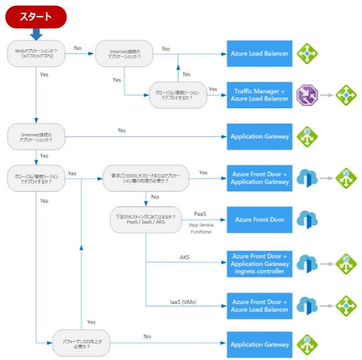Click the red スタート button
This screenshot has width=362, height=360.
click(x=34, y=16)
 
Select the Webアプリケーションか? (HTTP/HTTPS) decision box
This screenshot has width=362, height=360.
click(x=37, y=53)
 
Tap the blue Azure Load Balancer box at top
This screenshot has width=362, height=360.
click(x=260, y=53)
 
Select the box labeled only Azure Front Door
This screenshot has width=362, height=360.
click(x=260, y=219)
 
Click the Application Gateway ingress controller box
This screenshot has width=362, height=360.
click(x=260, y=264)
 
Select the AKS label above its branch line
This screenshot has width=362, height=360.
click(x=184, y=256)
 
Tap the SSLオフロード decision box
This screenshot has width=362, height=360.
click(x=146, y=176)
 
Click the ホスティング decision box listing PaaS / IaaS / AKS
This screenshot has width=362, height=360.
click(x=145, y=219)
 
